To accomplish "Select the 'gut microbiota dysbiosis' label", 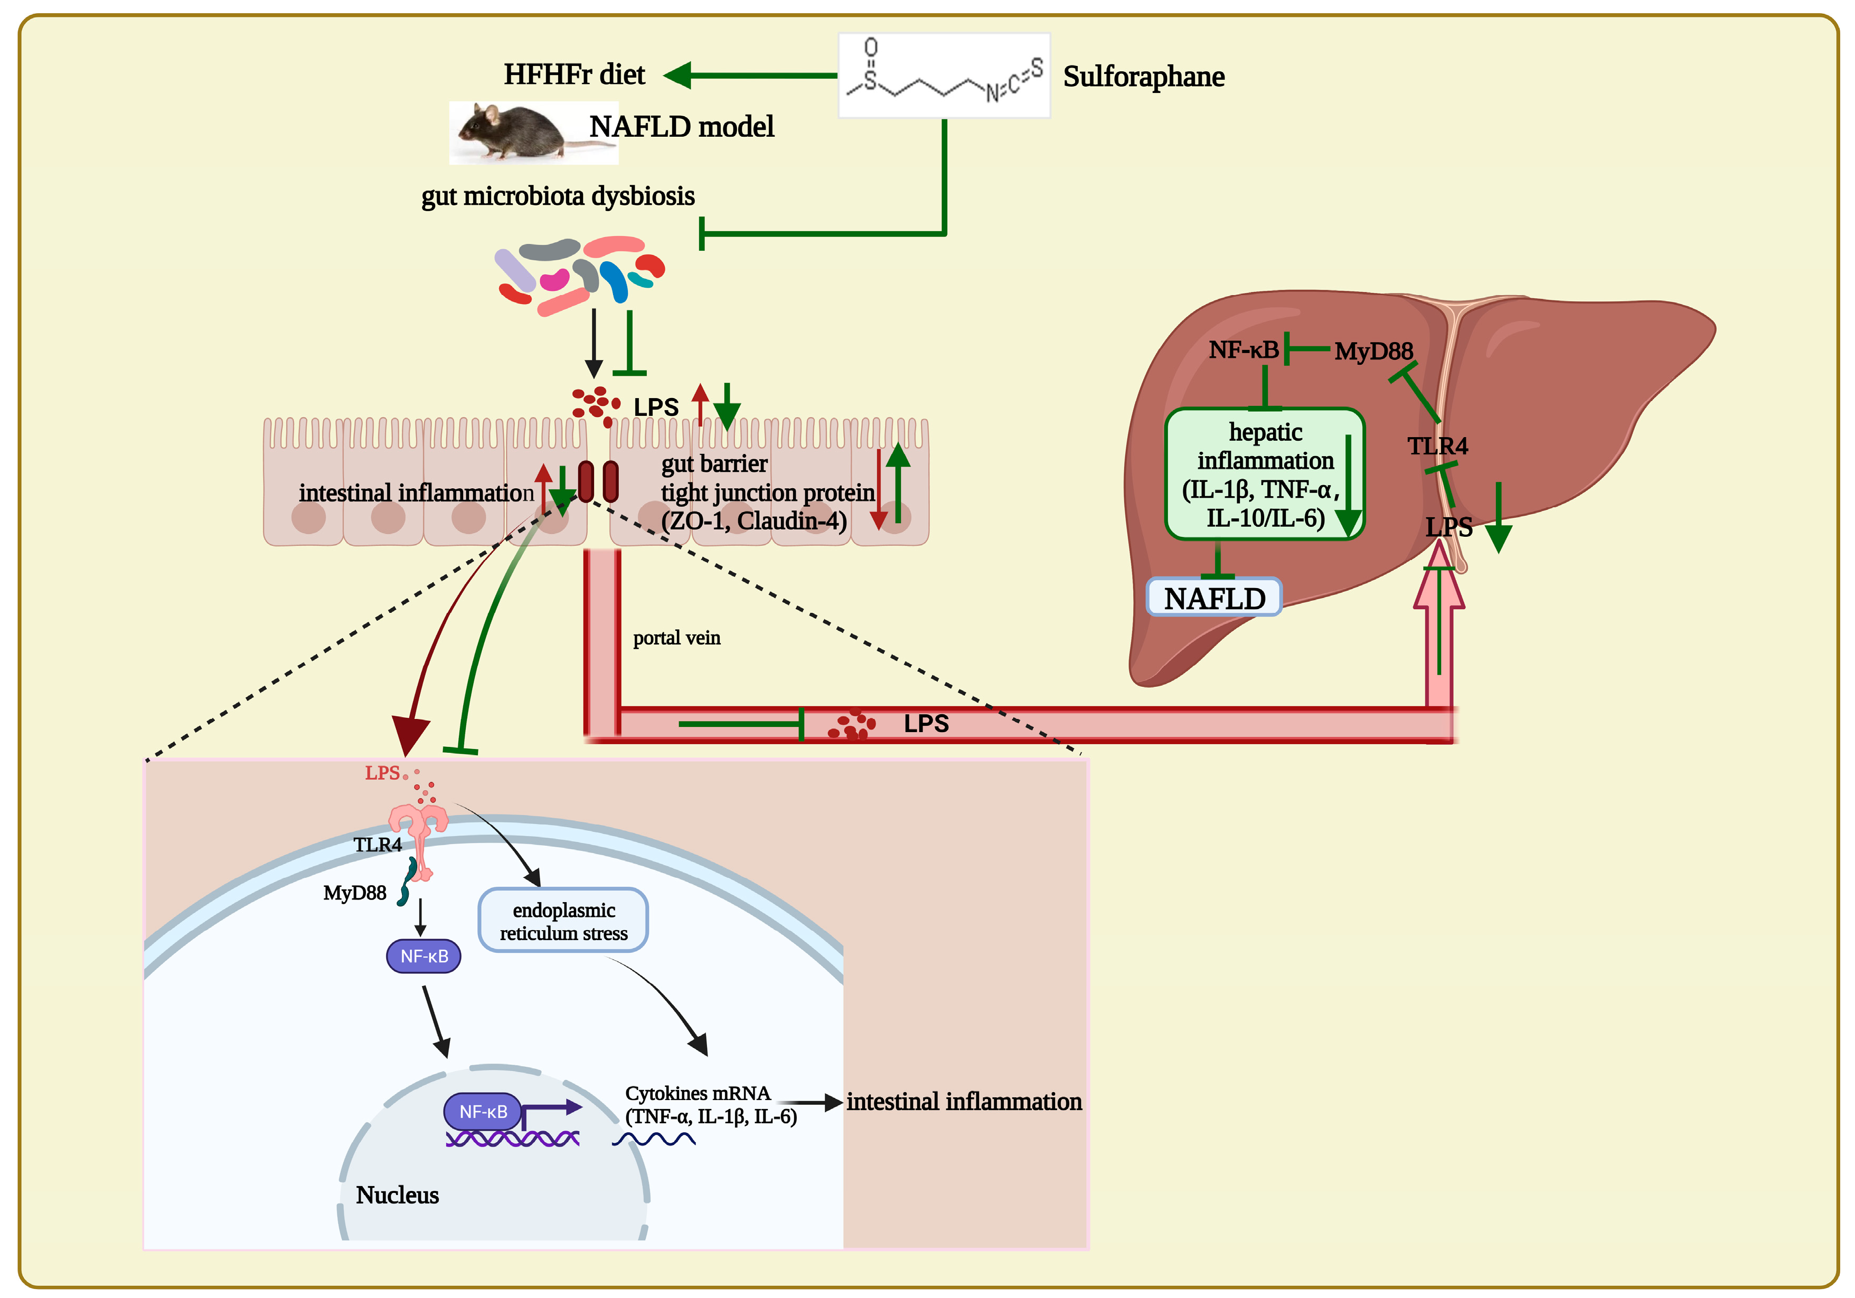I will (x=558, y=196).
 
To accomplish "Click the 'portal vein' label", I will (x=676, y=638).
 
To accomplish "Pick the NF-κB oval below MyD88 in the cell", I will (x=423, y=956).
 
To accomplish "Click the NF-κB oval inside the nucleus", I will (x=482, y=1112).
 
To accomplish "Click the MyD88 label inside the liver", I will (x=1373, y=352).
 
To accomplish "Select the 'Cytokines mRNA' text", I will (x=697, y=1094).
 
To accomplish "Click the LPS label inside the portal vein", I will (x=926, y=724).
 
